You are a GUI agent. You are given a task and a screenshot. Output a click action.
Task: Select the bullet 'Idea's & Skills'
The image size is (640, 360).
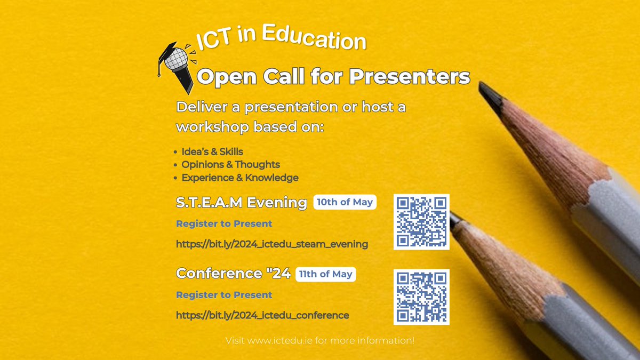(212, 152)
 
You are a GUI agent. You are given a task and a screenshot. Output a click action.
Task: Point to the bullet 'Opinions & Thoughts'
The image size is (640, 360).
(230, 165)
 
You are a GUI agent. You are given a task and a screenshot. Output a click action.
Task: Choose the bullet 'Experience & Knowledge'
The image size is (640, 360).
(240, 178)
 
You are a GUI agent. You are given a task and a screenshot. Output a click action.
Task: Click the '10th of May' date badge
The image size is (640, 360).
(345, 202)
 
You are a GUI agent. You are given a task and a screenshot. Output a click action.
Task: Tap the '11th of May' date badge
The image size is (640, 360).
(325, 274)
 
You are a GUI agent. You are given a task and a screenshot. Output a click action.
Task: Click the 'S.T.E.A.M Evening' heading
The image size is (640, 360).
(242, 203)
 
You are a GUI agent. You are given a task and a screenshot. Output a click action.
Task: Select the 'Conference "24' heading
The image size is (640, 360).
(233, 274)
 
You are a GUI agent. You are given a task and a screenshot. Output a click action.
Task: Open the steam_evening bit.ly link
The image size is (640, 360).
(272, 244)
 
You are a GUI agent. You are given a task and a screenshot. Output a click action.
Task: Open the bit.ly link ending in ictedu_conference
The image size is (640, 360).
(262, 315)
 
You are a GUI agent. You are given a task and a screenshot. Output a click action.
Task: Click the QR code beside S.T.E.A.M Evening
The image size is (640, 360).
(421, 222)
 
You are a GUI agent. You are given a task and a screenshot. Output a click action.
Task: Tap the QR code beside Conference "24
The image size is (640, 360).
(421, 297)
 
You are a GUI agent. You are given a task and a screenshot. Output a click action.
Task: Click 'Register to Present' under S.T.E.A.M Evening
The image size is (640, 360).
(224, 223)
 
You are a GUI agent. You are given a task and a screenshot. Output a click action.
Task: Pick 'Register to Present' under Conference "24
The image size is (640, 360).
(224, 295)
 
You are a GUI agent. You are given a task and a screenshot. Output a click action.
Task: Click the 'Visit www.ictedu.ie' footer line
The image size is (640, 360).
(320, 340)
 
